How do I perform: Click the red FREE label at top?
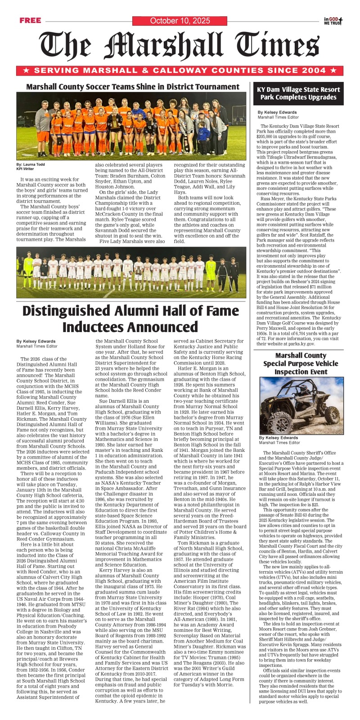click(x=30, y=20)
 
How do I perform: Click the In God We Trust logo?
click(x=333, y=21)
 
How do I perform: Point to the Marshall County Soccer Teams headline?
click(x=133, y=86)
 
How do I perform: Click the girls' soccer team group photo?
click(x=131, y=126)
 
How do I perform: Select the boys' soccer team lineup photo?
click(x=131, y=272)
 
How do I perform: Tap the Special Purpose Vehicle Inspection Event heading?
click(x=300, y=364)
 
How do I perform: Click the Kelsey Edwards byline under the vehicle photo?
click(x=278, y=437)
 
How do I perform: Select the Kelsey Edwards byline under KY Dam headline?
click(x=277, y=112)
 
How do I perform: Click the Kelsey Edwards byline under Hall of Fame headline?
click(x=36, y=341)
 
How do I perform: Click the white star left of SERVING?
click(x=27, y=71)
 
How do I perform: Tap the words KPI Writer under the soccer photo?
click(x=25, y=169)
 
